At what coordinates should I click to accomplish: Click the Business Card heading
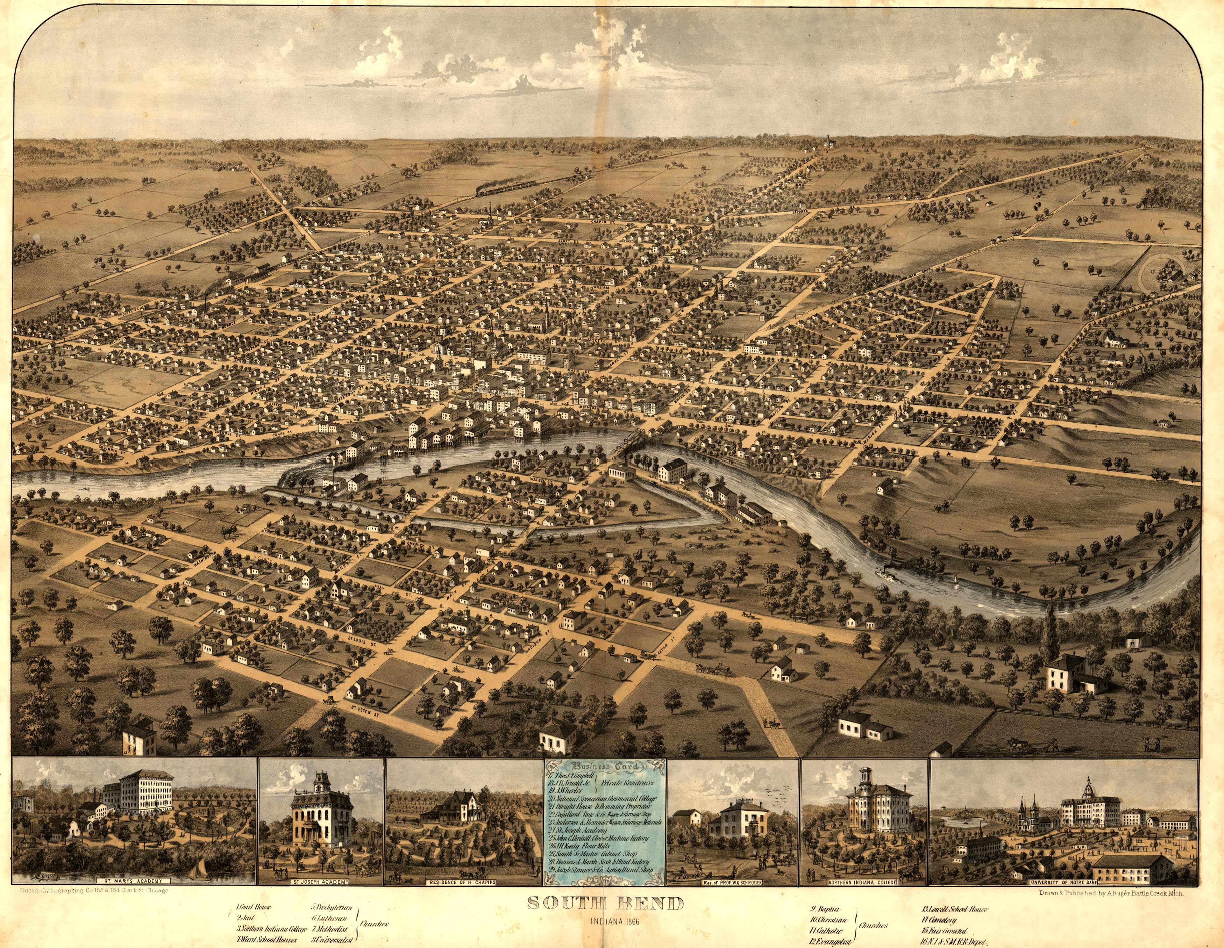coord(604,768)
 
